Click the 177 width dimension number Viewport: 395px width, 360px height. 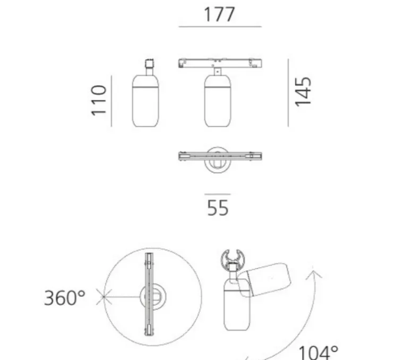point(219,14)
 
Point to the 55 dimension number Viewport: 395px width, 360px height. point(218,208)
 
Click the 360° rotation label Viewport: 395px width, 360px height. point(64,298)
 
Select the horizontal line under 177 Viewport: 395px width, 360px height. point(220,27)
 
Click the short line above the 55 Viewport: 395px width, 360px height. point(218,194)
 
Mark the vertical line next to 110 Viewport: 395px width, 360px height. point(111,101)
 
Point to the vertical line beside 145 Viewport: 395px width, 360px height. point(288,93)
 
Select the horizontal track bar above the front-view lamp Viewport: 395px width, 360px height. point(220,63)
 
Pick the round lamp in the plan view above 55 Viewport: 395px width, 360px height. point(218,158)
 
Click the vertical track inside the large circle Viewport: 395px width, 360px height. point(149,296)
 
